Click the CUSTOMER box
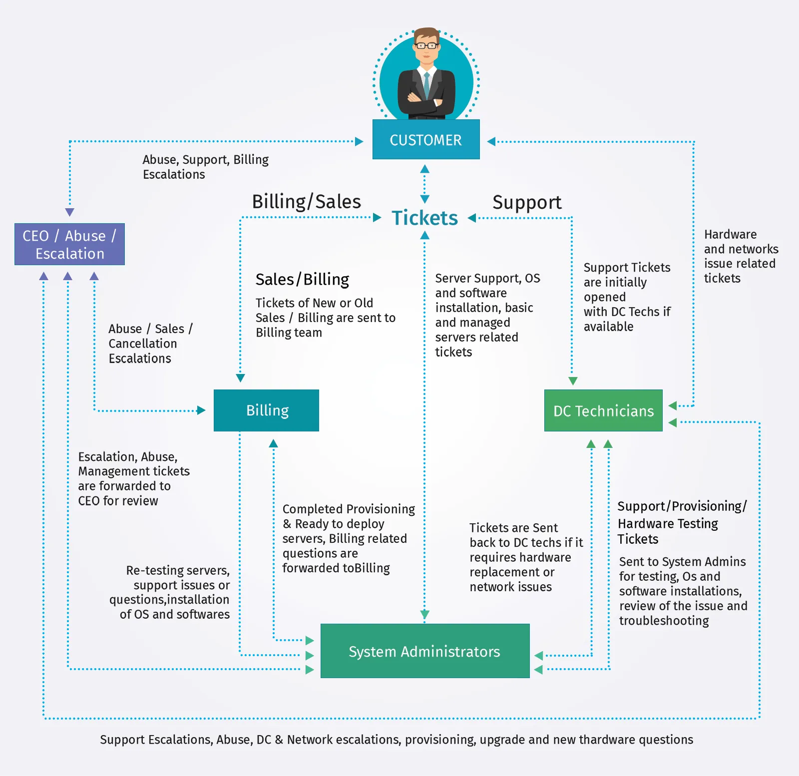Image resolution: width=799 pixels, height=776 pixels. tap(426, 140)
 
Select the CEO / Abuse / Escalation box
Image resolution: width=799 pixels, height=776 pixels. tap(69, 244)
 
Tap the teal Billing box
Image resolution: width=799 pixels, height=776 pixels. tap(266, 410)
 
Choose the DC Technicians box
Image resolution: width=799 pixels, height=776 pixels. tap(603, 410)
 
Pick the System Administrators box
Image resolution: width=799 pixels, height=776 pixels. tap(424, 651)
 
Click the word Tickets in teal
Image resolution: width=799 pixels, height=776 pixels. tap(424, 218)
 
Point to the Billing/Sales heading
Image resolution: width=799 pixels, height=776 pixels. tap(306, 202)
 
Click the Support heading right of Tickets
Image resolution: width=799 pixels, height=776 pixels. tap(527, 202)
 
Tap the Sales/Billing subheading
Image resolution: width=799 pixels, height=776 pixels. tap(302, 279)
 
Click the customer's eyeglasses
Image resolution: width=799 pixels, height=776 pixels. tap(426, 46)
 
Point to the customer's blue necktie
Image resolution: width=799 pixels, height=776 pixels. tap(426, 85)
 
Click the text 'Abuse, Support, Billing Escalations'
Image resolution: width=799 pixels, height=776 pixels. tap(205, 167)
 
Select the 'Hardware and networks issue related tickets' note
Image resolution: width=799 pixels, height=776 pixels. tap(741, 256)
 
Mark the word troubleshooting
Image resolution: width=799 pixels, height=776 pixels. tap(664, 621)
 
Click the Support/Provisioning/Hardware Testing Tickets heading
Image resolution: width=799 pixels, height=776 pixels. tap(682, 522)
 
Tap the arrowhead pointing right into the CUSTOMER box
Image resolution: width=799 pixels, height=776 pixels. tap(359, 141)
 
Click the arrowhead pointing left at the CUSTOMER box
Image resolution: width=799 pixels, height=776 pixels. tap(491, 141)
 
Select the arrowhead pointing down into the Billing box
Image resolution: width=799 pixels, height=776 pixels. tap(240, 378)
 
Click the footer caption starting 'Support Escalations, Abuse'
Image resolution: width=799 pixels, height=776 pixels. tap(397, 740)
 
